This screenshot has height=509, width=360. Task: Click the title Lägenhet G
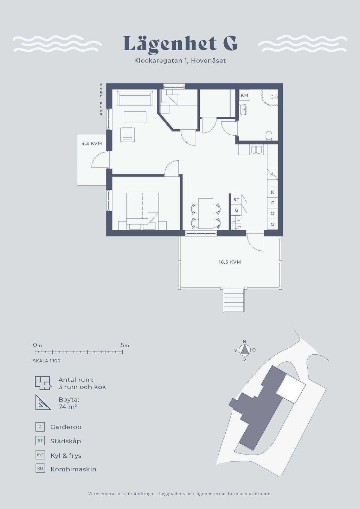[x=180, y=44]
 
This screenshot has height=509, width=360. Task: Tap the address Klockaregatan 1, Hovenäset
[x=180, y=60]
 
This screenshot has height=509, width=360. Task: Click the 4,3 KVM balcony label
[x=91, y=143]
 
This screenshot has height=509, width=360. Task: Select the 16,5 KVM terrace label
[x=230, y=262]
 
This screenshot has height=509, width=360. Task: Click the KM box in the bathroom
[x=245, y=95]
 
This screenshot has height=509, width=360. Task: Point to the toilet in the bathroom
[x=269, y=135]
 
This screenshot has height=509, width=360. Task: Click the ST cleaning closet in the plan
[x=236, y=199]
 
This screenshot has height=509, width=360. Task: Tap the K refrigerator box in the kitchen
[x=272, y=192]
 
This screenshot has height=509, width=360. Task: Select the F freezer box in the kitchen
[x=272, y=203]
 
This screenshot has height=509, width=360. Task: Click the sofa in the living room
[x=135, y=98]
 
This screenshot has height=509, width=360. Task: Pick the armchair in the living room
[x=127, y=134]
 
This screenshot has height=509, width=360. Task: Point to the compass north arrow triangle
[x=245, y=350]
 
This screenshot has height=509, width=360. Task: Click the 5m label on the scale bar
[x=125, y=345]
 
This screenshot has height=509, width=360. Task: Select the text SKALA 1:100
[x=47, y=361]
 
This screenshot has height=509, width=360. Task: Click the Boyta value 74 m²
[x=68, y=407]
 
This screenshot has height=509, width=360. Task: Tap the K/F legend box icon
[x=40, y=455]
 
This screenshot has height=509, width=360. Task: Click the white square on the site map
[x=291, y=388]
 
